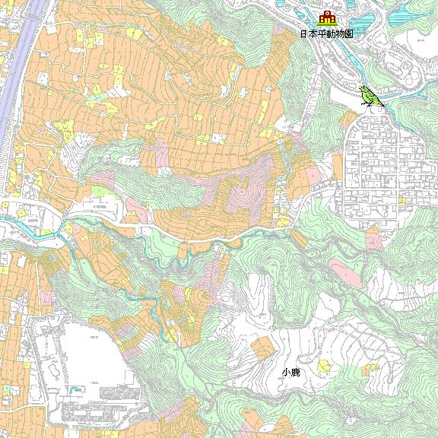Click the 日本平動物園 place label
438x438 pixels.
(327, 34)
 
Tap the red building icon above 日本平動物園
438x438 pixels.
(328, 19)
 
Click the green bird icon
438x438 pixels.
(370, 97)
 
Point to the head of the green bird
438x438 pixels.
(363, 90)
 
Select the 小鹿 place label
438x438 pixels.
(290, 373)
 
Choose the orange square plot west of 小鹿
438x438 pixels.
(262, 348)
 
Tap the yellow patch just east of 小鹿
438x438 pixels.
(325, 368)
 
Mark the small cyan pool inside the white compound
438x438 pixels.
(75, 390)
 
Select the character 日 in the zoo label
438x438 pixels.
(304, 34)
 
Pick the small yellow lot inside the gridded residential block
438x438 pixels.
(401, 199)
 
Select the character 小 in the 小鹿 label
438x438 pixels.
(286, 373)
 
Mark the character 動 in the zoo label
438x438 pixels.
(327, 34)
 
